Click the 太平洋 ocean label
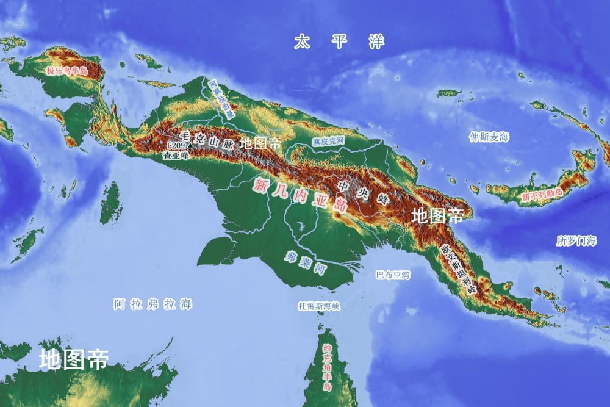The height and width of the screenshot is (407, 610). (x=339, y=42)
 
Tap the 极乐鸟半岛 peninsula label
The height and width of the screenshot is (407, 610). (x=66, y=71)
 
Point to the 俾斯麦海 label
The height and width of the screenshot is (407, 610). (x=489, y=137)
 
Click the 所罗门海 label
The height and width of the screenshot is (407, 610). (x=576, y=241)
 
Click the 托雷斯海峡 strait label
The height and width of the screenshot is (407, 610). (x=319, y=306)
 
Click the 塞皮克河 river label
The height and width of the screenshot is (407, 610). (x=329, y=141)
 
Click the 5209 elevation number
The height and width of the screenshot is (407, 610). (x=176, y=146)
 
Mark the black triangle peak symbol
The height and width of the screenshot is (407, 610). (x=190, y=146)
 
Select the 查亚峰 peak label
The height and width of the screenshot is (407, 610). (x=176, y=156)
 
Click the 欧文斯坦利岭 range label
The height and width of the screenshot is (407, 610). (x=457, y=270)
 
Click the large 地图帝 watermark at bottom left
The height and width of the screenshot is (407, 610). (x=73, y=359)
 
